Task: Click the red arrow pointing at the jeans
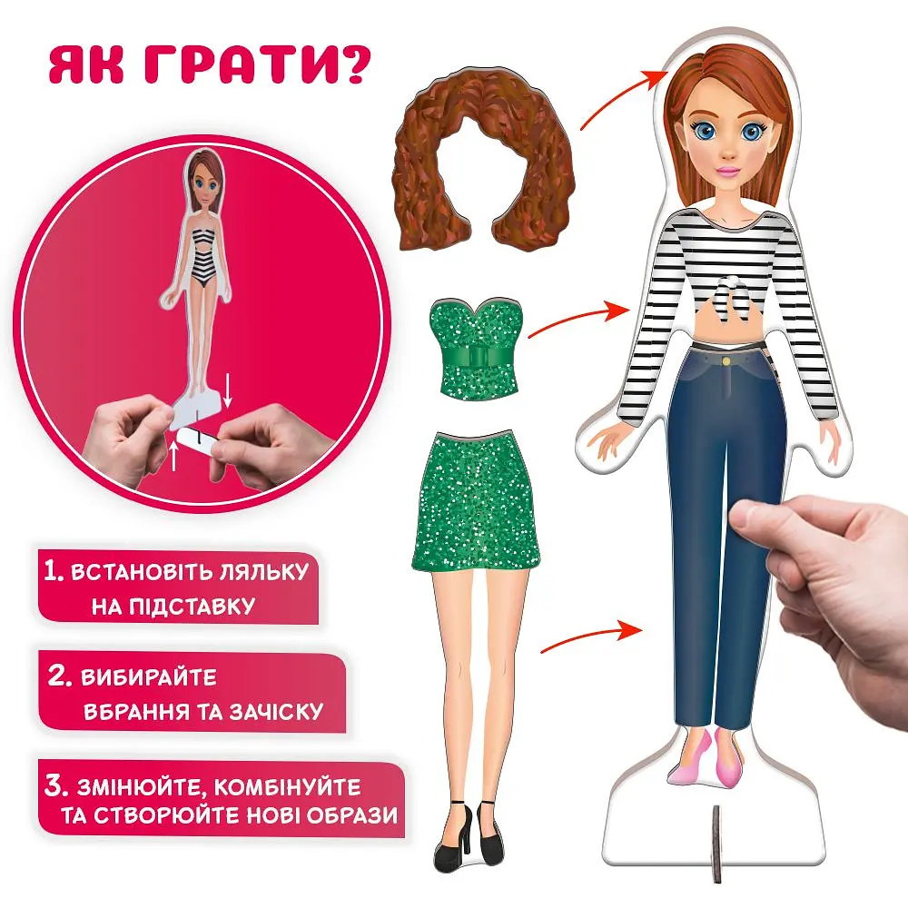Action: (x=587, y=637)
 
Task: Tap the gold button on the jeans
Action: (x=726, y=360)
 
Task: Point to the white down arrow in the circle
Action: (x=228, y=391)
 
